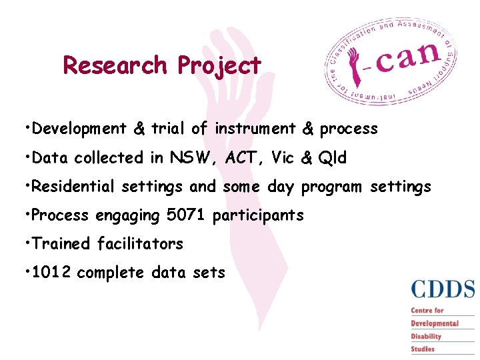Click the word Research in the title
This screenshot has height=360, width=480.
point(115,65)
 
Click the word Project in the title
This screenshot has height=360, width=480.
point(219,66)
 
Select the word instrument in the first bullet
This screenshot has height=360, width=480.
point(255,129)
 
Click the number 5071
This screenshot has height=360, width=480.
point(189,215)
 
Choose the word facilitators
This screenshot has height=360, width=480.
point(140,244)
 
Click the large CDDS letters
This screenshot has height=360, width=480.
point(443,289)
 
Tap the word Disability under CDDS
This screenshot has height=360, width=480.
point(426,336)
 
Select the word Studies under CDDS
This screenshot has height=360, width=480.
point(423,349)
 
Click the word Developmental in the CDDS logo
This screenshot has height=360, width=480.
point(435,323)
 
